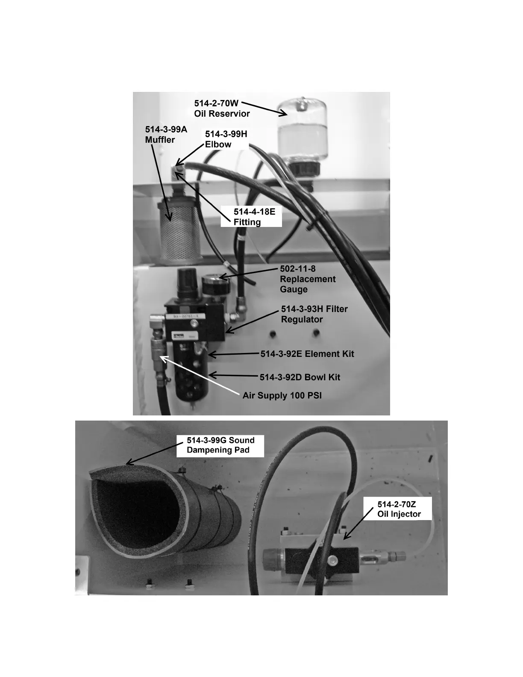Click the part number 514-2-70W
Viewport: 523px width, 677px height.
pos(216,103)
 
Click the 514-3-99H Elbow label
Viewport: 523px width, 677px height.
pos(226,139)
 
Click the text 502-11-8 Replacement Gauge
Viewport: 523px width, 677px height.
pos(307,279)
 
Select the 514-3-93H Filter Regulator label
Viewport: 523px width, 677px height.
pos(314,314)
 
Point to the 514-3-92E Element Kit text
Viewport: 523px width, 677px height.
pos(307,354)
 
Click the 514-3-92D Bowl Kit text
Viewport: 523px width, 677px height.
pos(300,377)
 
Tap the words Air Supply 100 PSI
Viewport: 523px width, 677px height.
pos(282,395)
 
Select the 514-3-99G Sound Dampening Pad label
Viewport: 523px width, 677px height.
pos(220,445)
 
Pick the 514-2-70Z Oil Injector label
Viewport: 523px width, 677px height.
pos(399,509)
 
